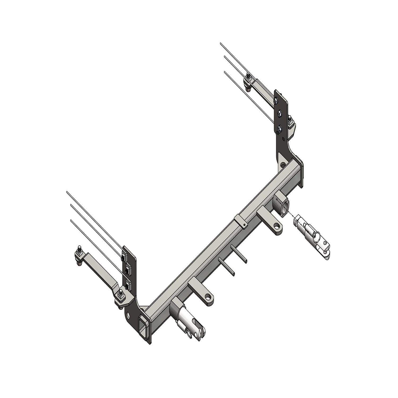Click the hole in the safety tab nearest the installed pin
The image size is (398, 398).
click(x=210, y=296)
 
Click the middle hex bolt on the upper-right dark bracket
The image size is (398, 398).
click(x=279, y=114)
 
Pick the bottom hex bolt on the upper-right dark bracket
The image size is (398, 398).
click(x=279, y=129)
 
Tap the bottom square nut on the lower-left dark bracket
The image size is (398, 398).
click(x=128, y=285)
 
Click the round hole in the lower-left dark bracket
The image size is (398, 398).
click(x=128, y=315)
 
